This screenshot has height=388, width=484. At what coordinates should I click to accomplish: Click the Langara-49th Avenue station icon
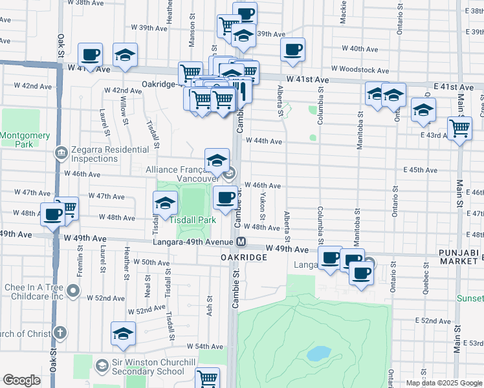pos(241,242)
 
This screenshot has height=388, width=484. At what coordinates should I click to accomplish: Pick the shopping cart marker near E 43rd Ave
pos(459,128)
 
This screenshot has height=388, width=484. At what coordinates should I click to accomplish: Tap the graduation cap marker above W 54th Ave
pos(123,334)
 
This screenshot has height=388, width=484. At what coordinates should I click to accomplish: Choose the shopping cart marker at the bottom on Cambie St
pos(207,378)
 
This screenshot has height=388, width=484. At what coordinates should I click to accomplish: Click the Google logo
pos(21,380)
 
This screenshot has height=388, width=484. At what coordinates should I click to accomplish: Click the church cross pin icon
pos(60,333)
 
